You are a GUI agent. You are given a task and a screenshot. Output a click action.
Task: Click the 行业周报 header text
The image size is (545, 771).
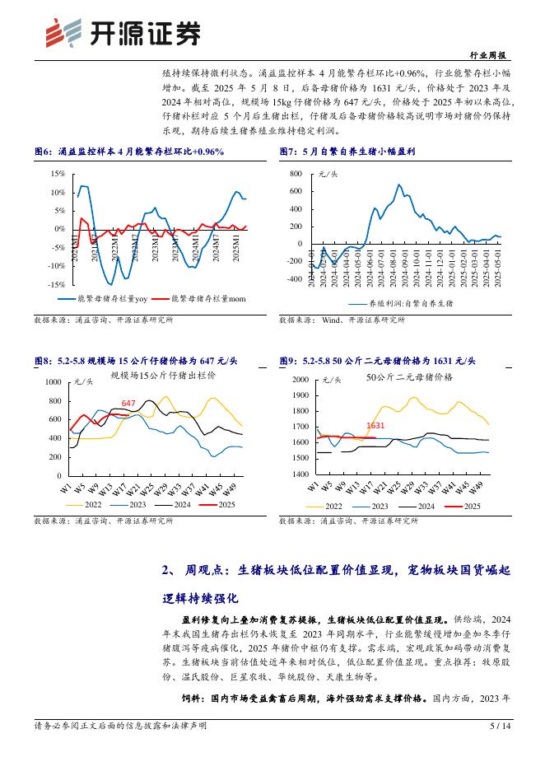(491, 55)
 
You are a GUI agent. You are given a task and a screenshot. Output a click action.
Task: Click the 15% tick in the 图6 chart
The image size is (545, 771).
(58, 174)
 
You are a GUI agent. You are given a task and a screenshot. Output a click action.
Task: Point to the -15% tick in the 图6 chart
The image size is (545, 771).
(56, 283)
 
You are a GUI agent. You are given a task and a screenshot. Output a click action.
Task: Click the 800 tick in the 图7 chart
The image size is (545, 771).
(296, 175)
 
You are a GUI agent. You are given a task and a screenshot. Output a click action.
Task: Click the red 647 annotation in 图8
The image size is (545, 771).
(128, 403)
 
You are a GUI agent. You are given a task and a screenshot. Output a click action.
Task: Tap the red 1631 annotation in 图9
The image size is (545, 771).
(375, 426)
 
